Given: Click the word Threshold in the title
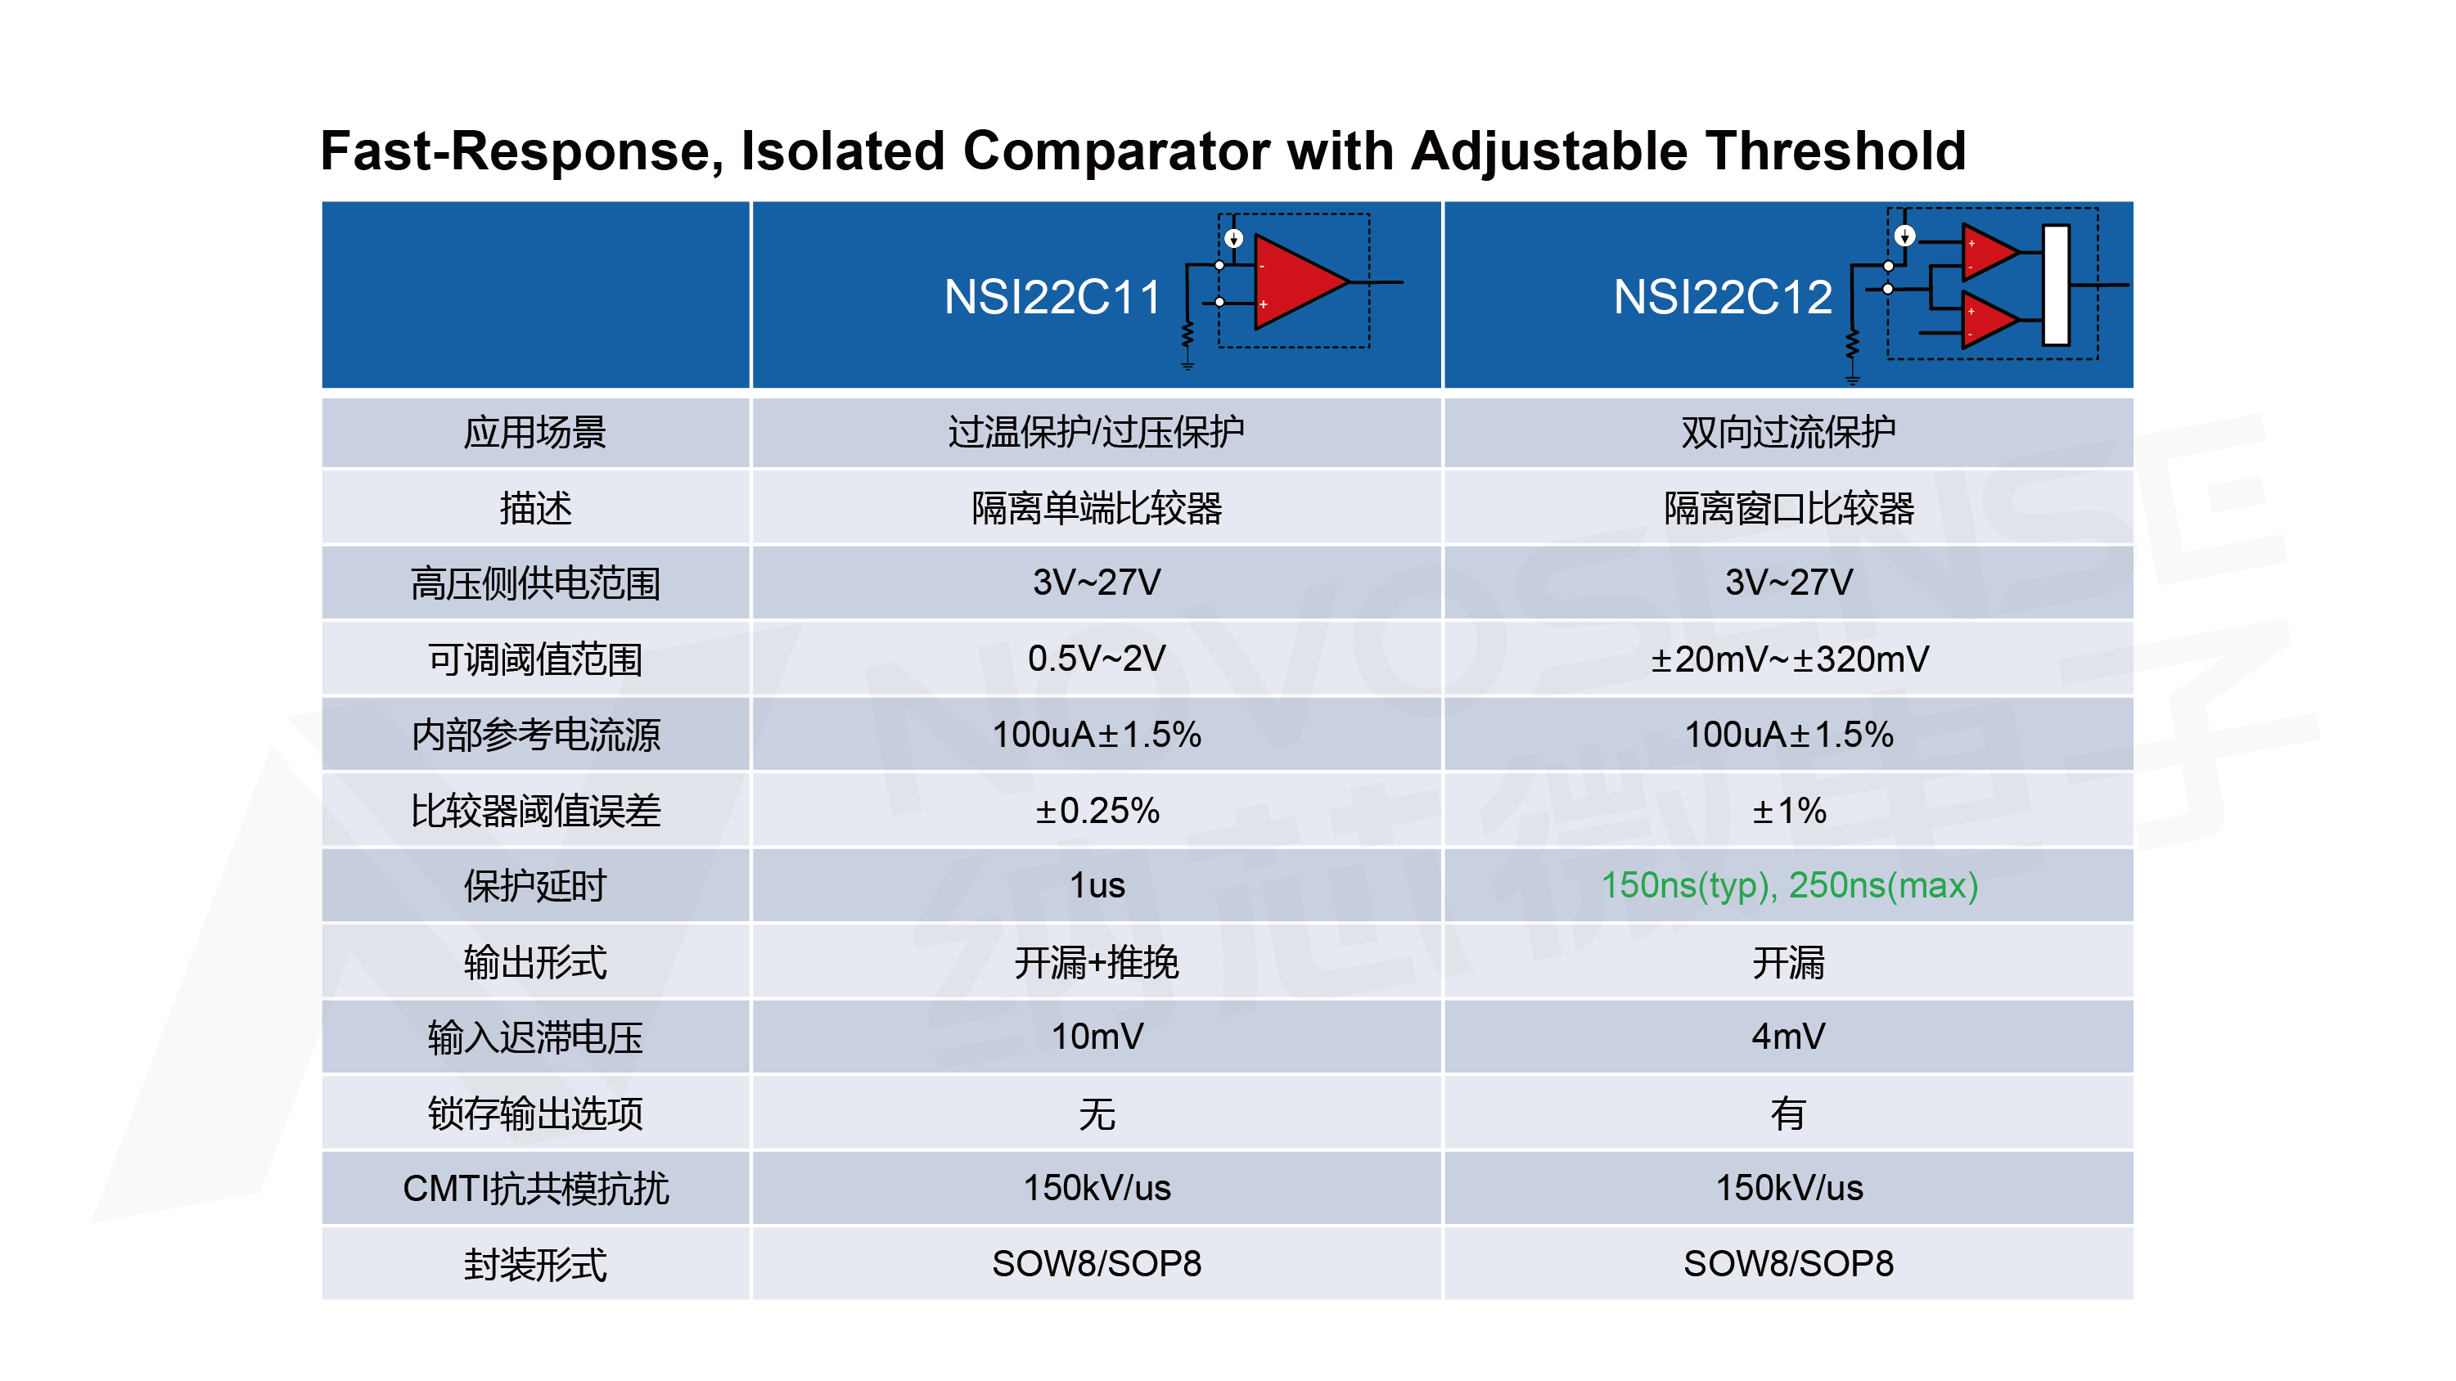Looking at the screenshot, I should [1836, 151].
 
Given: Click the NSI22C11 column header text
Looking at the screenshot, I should [1052, 296].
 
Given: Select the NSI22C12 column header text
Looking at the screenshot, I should [1722, 296].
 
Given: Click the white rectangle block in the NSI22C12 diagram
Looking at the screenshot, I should [2056, 284].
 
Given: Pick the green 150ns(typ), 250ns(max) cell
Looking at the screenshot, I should [1789, 885].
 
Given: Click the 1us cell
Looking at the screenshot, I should [1097, 885].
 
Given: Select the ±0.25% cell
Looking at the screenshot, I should [1097, 810].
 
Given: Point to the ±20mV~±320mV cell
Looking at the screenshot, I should [1789, 659].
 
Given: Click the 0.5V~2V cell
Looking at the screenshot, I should [1097, 659].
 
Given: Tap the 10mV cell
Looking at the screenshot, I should [1097, 1036].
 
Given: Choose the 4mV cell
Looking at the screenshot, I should [1789, 1036].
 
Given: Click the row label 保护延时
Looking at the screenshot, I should [535, 885].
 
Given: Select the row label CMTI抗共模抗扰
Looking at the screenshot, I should [535, 1188].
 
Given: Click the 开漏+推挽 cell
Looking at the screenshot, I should [1097, 961].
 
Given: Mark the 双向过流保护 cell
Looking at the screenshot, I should [1789, 432].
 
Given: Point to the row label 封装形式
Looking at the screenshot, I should [535, 1264].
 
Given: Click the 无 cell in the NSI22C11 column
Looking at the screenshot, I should [1097, 1112].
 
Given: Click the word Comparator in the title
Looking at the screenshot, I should [1115, 151].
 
